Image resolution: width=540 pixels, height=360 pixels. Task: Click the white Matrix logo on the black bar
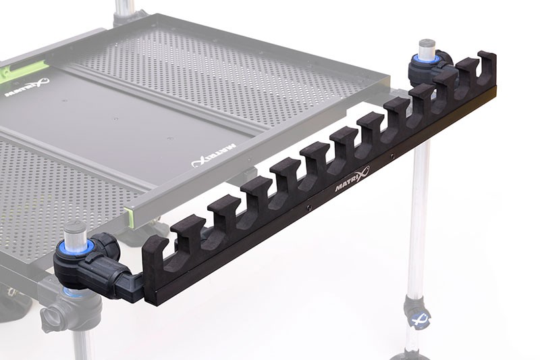pyautogui.click(x=350, y=183)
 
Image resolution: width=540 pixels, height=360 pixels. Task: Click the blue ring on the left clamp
pyautogui.click(x=78, y=245)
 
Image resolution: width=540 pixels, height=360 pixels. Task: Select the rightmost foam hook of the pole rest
pyautogui.click(x=485, y=64)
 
